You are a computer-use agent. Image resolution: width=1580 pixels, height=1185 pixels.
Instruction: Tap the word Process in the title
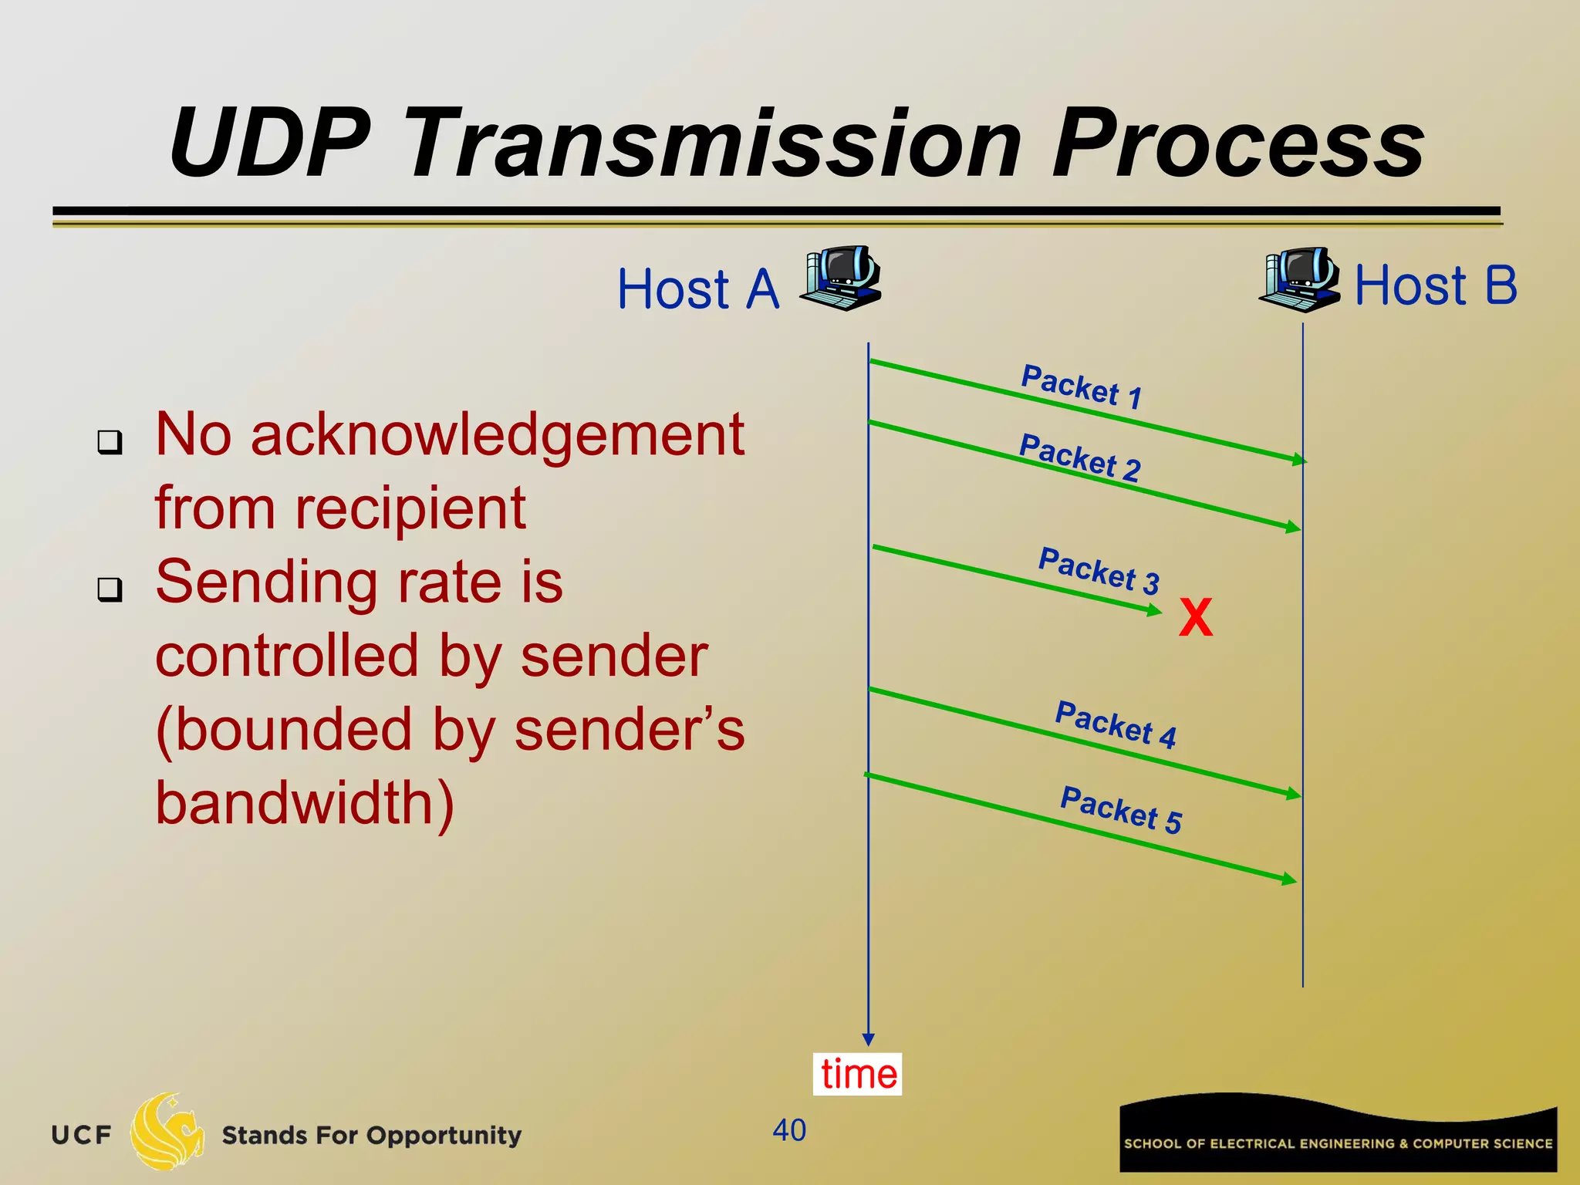pyautogui.click(x=1237, y=144)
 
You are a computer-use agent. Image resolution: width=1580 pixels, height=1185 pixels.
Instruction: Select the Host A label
pyautogui.click(x=698, y=289)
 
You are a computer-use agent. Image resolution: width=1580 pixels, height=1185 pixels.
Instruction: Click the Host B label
pyautogui.click(x=1436, y=285)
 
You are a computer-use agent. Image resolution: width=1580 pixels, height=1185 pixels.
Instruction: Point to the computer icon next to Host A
pyautogui.click(x=841, y=279)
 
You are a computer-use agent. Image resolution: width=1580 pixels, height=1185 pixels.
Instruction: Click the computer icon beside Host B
pyautogui.click(x=1301, y=279)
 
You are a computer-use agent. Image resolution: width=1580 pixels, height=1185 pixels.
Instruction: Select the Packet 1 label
pyautogui.click(x=1081, y=386)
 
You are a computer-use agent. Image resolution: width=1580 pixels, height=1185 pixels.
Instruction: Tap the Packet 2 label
pyautogui.click(x=1079, y=457)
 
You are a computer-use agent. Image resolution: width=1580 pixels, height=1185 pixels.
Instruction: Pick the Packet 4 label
pyautogui.click(x=1116, y=724)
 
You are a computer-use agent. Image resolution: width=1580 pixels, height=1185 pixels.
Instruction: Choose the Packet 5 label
pyautogui.click(x=1121, y=810)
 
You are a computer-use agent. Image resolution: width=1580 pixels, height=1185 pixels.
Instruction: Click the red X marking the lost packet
pyautogui.click(x=1196, y=618)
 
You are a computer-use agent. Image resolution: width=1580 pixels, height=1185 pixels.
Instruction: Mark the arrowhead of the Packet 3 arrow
pyautogui.click(x=1156, y=611)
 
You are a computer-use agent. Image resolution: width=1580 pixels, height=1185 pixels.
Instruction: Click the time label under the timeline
pyautogui.click(x=858, y=1074)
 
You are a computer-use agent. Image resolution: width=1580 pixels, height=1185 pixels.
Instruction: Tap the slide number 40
pyautogui.click(x=789, y=1130)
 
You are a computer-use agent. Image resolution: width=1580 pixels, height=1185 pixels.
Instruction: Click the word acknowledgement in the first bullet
pyautogui.click(x=498, y=436)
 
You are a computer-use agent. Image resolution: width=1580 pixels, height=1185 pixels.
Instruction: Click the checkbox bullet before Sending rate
pyautogui.click(x=110, y=590)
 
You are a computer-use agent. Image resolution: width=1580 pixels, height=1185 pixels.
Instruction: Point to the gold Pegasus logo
pyautogui.click(x=167, y=1131)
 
